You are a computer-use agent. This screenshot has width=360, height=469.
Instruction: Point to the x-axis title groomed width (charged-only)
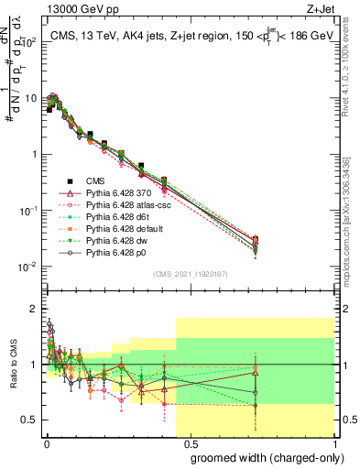261,456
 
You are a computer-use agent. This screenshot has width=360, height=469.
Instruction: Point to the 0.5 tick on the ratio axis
31,420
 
